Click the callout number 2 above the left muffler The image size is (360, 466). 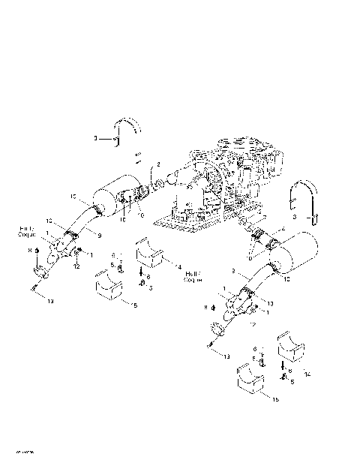point(158,163)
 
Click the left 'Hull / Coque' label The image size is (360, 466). point(27,231)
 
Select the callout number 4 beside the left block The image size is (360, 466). point(178,265)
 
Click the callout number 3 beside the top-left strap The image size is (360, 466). point(95,138)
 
